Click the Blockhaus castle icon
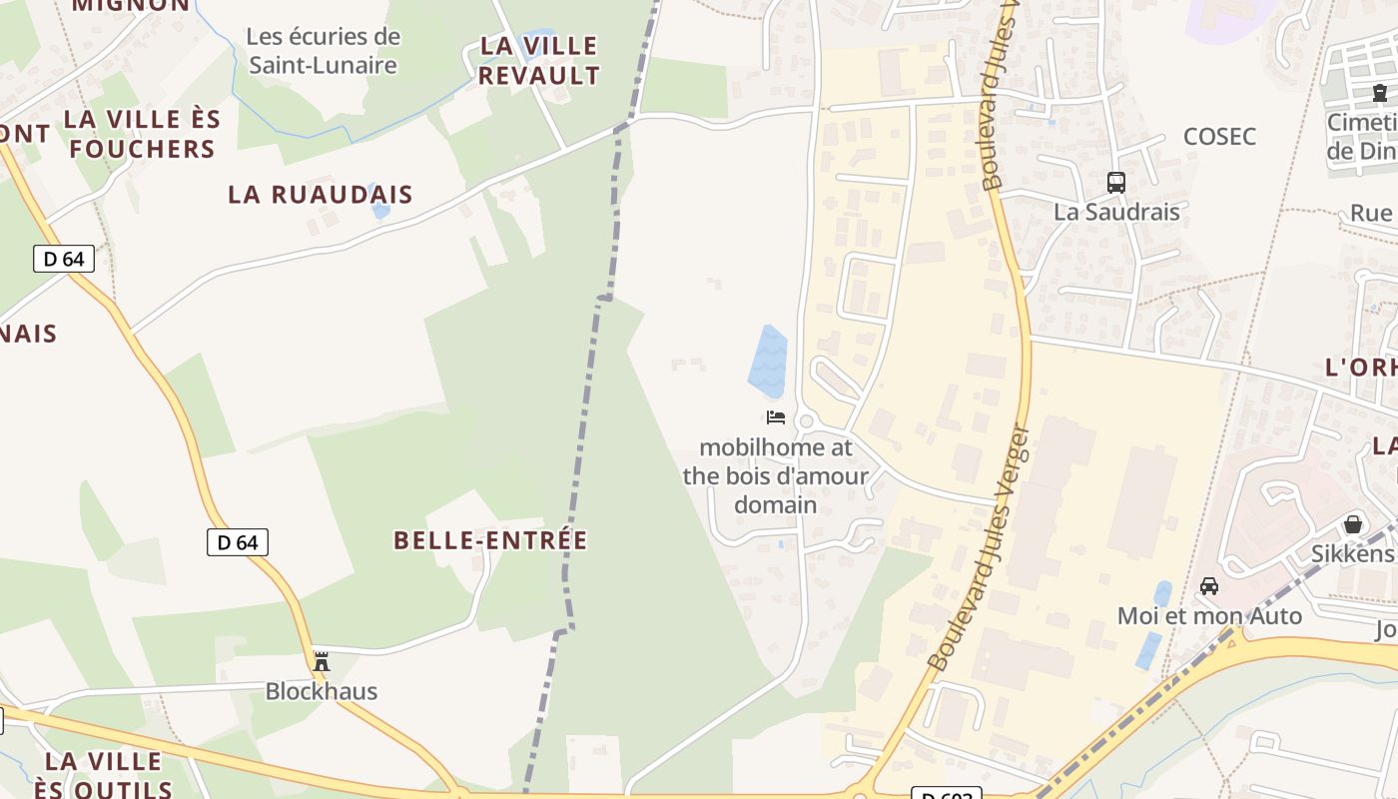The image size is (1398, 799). (322, 661)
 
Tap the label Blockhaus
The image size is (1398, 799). (322, 691)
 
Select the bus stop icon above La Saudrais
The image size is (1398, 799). (1116, 183)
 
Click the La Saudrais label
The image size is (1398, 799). (1116, 212)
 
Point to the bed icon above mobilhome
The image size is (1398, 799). (776, 417)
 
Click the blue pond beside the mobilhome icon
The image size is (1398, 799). (769, 362)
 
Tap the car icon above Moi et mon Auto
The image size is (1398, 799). (1209, 586)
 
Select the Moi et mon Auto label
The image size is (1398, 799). (1209, 615)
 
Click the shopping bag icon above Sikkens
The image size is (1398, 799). (1353, 524)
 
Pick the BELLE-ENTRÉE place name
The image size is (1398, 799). (490, 540)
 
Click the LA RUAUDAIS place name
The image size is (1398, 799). (320, 194)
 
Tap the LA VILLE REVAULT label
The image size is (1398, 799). (539, 60)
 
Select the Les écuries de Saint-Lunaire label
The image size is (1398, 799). (323, 51)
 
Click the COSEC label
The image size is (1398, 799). (1219, 137)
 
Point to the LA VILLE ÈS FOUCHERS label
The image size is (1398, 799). (142, 134)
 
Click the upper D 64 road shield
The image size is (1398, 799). (64, 260)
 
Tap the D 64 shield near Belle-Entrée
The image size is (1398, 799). (238, 542)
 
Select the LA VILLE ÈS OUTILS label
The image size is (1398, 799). (103, 775)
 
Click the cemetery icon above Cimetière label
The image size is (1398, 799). (1380, 94)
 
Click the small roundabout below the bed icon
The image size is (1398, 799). (806, 422)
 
